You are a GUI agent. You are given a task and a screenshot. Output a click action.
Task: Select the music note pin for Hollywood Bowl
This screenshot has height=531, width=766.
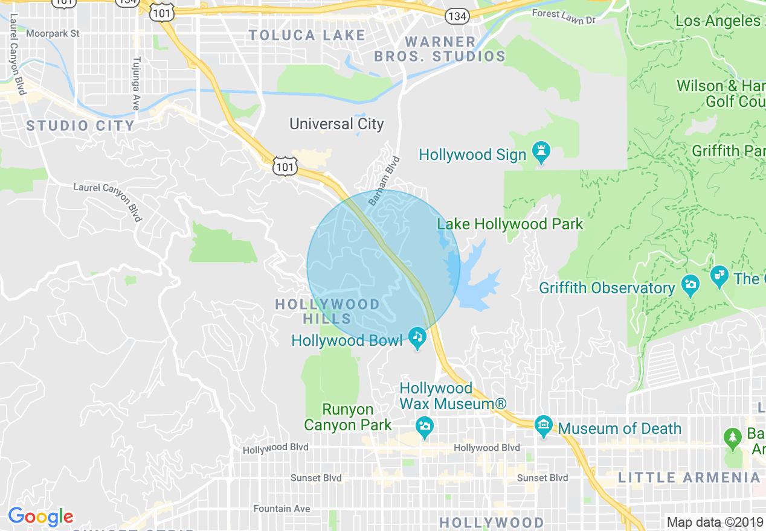click(417, 338)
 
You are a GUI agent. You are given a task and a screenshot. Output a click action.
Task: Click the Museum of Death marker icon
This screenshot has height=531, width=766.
click(544, 427)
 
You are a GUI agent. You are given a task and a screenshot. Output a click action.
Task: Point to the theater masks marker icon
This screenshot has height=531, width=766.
click(719, 277)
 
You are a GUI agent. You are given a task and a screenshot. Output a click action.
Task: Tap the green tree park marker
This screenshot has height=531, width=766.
click(733, 438)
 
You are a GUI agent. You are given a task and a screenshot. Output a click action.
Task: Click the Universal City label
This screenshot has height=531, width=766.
click(336, 124)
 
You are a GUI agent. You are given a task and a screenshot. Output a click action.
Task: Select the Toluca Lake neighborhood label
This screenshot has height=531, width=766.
click(307, 35)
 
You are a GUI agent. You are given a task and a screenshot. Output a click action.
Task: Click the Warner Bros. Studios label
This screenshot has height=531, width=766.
click(440, 49)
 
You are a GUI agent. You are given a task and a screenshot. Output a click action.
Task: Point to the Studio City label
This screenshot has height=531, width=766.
click(80, 126)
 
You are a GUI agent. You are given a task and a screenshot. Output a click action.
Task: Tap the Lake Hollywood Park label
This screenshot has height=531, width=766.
click(510, 224)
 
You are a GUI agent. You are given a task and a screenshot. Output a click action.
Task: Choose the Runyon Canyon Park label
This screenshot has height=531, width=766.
click(347, 417)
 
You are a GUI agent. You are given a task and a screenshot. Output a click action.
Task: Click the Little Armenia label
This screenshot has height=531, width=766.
click(689, 478)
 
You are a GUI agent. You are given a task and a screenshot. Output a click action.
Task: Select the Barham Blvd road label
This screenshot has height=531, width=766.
click(385, 180)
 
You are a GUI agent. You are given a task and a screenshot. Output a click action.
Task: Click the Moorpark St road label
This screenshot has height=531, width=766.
click(53, 34)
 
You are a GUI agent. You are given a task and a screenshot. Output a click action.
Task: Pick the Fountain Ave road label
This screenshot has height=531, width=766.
click(282, 509)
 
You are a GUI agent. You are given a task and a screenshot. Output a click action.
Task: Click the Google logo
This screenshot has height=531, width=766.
click(40, 517)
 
